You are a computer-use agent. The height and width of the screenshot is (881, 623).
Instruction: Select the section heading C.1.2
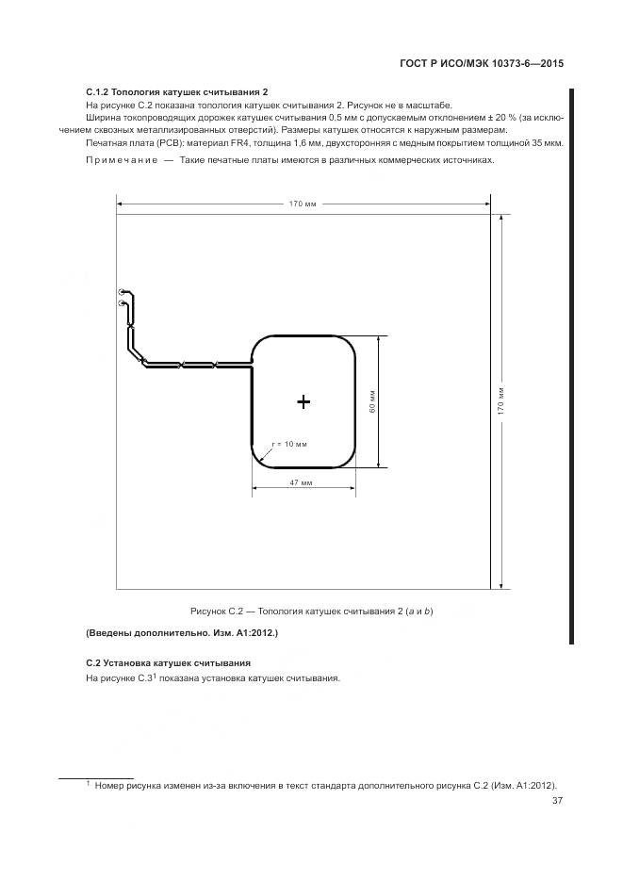(x=177, y=92)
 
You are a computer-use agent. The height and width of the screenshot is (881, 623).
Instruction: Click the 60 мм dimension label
(x=372, y=401)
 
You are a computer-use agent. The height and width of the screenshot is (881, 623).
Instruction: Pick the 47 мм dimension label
(x=301, y=482)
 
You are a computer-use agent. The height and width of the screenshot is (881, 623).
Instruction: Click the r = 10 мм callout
(x=289, y=443)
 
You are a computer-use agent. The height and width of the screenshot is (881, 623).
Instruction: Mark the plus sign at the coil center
(x=303, y=402)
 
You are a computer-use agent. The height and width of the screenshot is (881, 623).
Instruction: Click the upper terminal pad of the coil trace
(x=122, y=293)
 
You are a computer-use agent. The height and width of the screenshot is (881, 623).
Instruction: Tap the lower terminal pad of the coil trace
(x=122, y=303)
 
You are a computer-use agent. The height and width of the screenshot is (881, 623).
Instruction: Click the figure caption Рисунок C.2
(x=311, y=611)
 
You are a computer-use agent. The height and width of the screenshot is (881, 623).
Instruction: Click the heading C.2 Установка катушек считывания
(x=169, y=662)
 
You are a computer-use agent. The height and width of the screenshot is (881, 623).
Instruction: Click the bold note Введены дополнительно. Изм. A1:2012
(x=182, y=632)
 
